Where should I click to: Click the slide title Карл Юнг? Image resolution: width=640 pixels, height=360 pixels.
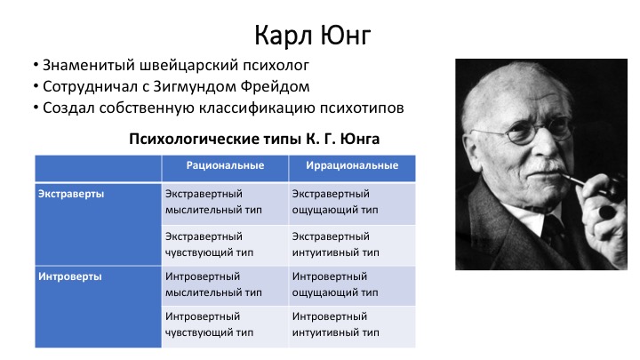313,36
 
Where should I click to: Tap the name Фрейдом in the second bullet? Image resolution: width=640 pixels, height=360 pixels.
275,86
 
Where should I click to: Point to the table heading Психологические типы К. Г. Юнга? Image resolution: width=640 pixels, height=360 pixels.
254,139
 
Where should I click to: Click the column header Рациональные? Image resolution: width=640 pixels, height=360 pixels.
225,165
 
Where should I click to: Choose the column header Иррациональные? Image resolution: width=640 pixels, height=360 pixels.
352,165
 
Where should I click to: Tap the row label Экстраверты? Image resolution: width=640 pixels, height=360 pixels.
71,194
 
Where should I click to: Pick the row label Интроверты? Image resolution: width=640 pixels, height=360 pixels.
70,276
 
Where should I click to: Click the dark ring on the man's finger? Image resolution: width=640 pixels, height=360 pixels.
607,212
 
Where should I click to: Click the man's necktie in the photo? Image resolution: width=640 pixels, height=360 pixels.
551,233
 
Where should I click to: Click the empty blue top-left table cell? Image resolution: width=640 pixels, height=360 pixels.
98,168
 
